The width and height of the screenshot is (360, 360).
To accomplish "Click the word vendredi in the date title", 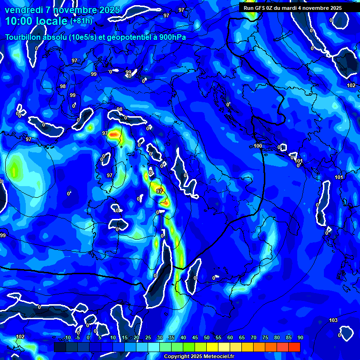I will tap(23, 10).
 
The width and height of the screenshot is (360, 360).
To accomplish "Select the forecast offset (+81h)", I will tap(81, 21).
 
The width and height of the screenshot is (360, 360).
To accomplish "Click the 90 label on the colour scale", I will tap(300, 338).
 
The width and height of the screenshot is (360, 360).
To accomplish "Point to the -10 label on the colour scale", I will tap(67, 338).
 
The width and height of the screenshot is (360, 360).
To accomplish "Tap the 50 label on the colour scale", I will tap(207, 338).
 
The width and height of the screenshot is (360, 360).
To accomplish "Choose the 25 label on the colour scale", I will tap(148, 338).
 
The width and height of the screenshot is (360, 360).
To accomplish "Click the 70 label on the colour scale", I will tap(254, 338).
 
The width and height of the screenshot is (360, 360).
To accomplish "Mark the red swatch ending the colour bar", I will tap(294, 347).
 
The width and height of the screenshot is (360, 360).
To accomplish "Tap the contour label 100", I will tap(258, 146).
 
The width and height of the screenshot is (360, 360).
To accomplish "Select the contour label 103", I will tap(333, 321).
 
